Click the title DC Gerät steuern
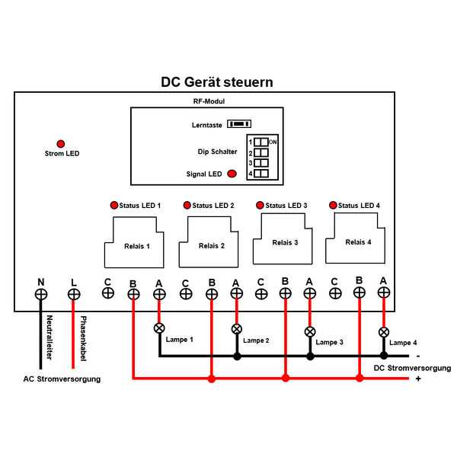216,81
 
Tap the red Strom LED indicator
60,143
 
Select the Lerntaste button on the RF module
241,124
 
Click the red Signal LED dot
230,174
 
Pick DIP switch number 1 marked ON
260,142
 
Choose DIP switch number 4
260,174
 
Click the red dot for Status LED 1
114,205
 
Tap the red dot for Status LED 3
260,205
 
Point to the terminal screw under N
41,294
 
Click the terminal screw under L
74,294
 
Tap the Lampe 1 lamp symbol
159,328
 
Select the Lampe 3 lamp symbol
309,332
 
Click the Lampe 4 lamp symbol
383,332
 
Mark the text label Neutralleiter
50,336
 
